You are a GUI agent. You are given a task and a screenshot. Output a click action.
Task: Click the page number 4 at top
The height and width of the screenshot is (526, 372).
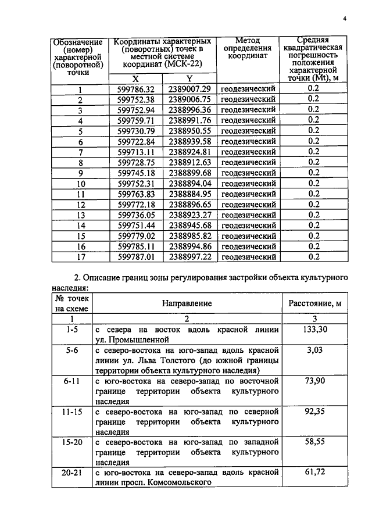(x=344, y=19)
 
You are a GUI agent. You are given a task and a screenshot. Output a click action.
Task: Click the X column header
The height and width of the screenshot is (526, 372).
(x=135, y=79)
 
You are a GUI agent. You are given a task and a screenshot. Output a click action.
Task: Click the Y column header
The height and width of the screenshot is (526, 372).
(x=189, y=79)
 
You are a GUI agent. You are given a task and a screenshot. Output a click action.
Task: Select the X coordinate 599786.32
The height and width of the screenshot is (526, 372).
(x=135, y=89)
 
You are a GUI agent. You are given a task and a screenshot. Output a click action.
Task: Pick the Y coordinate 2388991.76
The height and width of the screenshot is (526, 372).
(x=189, y=120)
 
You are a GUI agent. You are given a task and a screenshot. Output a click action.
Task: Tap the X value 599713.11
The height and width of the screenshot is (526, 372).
(x=135, y=152)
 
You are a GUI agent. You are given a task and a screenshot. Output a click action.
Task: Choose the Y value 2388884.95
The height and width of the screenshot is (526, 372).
(x=189, y=194)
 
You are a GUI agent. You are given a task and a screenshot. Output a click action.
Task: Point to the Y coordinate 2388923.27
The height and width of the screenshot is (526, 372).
(x=189, y=215)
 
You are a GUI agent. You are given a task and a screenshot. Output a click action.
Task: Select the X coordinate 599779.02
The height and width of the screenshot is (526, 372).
(x=135, y=236)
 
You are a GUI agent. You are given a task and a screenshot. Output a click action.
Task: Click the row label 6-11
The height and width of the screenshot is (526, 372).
(x=72, y=381)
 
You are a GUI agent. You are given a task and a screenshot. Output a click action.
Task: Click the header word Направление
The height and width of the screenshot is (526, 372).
(x=187, y=303)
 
